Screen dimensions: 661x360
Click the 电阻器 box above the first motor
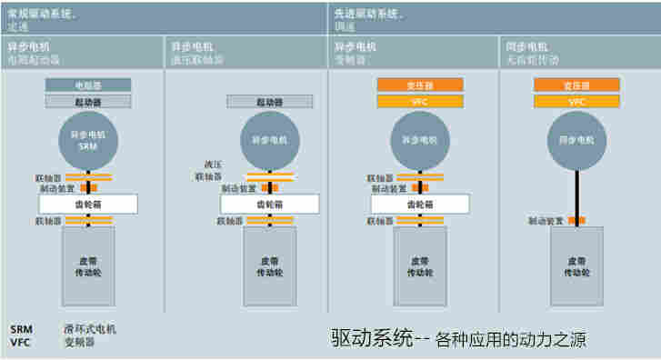pos(88,85)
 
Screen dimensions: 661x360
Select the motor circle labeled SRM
pos(88,140)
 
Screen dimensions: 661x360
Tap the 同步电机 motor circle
pos(576,140)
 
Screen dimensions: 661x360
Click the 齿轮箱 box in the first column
pos(88,205)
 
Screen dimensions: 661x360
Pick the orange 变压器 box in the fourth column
pos(576,85)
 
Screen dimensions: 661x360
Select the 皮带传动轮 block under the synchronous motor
pos(576,265)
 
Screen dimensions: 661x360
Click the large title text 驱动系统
pos(369,339)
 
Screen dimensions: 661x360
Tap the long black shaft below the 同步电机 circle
pos(576,195)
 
